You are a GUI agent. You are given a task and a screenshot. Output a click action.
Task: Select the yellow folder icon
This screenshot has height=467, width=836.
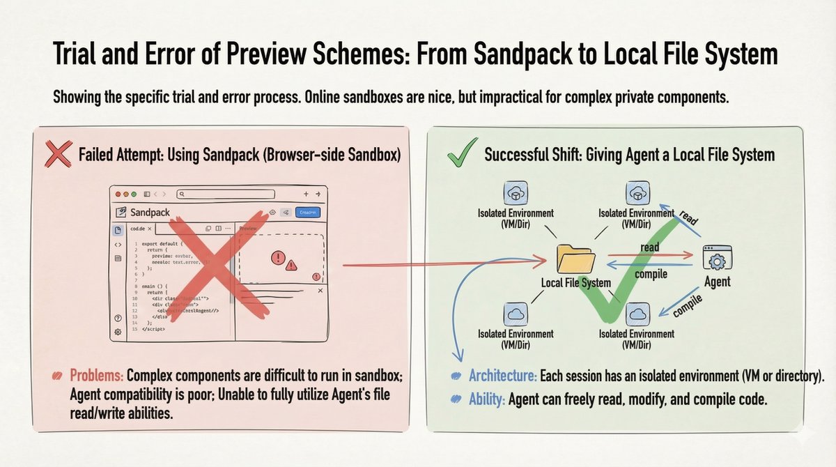pyautogui.click(x=576, y=259)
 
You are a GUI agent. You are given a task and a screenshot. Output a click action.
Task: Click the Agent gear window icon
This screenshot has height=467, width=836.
pyautogui.click(x=717, y=259)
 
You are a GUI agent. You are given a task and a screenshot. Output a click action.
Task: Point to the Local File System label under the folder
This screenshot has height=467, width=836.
pyautogui.click(x=576, y=282)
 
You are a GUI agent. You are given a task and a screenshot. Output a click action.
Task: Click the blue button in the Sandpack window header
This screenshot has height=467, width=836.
pyautogui.click(x=307, y=212)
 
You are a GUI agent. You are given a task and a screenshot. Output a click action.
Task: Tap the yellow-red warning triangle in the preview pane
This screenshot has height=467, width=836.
pyautogui.click(x=291, y=265)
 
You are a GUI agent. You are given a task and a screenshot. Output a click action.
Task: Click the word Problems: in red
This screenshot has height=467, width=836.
pyautogui.click(x=97, y=377)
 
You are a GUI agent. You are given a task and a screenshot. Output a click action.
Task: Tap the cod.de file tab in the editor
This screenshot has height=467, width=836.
pyautogui.click(x=138, y=229)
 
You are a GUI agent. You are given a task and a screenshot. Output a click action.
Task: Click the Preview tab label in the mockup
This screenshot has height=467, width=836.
pyautogui.click(x=248, y=229)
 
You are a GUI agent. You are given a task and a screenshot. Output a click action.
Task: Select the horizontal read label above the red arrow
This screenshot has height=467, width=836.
pyautogui.click(x=649, y=247)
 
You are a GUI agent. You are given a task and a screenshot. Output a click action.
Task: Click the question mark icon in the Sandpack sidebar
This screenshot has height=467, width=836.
pyautogui.click(x=118, y=318)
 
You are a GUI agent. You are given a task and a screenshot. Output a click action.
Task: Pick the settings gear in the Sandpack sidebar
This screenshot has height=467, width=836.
pyautogui.click(x=118, y=332)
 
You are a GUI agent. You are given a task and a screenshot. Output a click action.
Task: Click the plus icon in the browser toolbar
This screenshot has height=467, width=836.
pyautogui.click(x=306, y=194)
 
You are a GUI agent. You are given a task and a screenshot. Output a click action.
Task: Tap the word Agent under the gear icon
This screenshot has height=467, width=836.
pyautogui.click(x=718, y=282)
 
